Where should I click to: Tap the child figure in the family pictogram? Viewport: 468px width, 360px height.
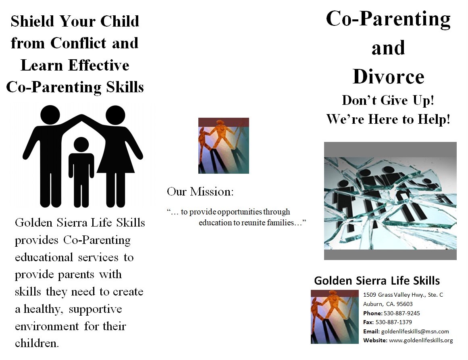pos(81,172)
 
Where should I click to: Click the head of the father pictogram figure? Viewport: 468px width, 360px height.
pos(50,114)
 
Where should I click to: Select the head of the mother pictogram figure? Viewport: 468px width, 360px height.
pos(115,115)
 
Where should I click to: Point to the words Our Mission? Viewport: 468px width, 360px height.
pos(200,191)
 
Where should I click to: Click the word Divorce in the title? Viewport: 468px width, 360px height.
pos(388,77)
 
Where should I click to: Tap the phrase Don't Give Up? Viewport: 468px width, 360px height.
pos(388,100)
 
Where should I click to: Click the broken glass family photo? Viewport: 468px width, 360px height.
pos(390,201)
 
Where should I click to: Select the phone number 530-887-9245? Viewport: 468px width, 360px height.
pos(402,313)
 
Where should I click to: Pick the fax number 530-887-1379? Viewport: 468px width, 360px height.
pos(394,322)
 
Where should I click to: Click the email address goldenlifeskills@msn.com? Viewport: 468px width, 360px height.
pos(415,331)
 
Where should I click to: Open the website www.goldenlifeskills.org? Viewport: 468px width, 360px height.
pos(421,340)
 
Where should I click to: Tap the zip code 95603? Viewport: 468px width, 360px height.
pos(404,304)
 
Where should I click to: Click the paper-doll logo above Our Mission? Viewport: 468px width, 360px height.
pos(224,146)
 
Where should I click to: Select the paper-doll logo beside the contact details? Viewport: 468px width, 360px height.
pos(335,317)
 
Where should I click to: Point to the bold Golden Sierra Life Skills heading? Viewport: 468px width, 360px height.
pos(377,281)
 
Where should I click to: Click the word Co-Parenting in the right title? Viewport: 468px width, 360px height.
pos(388,19)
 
